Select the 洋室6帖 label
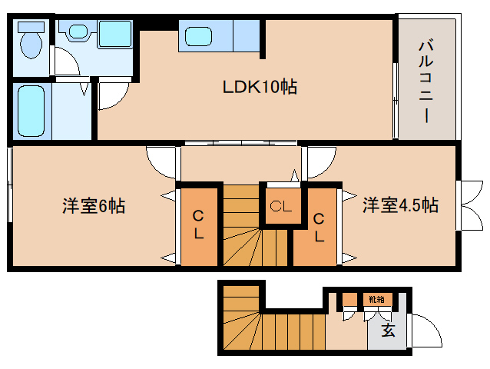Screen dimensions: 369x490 click(x=94, y=206)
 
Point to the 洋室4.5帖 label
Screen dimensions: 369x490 click(x=400, y=205)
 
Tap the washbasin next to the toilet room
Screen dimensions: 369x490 click(x=78, y=32)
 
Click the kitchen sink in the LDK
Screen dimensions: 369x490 click(x=197, y=36)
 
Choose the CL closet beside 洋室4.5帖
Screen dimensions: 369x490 click(x=319, y=227)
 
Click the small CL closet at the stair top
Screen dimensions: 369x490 click(x=282, y=206)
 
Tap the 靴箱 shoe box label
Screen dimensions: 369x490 click(x=376, y=299)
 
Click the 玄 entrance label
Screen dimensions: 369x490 click(x=389, y=331)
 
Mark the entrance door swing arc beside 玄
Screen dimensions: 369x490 click(x=425, y=331)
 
